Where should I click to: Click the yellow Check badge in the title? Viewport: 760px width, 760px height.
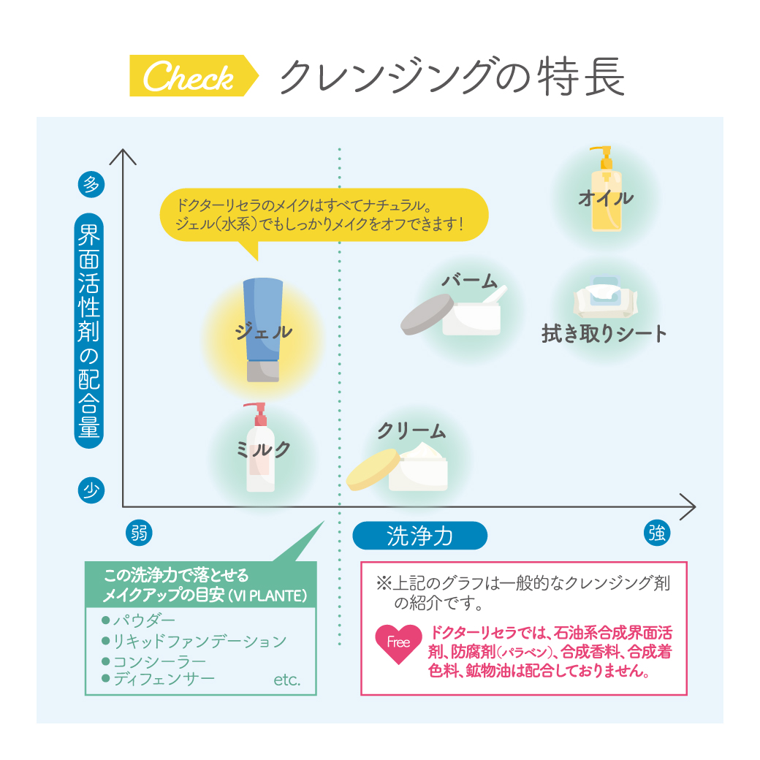191,76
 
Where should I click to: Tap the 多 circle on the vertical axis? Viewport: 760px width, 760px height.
91,184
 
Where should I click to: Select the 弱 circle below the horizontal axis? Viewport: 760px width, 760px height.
139,533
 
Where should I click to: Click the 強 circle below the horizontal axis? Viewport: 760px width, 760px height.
656,533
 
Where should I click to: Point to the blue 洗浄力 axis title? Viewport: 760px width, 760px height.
419,536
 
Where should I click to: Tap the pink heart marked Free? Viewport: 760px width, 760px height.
398,642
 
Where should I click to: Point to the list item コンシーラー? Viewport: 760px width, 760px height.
159,662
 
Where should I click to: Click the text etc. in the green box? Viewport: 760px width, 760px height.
287,680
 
